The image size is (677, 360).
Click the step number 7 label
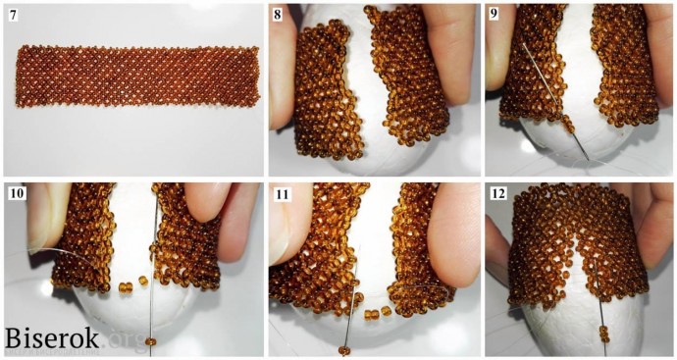pyautogui.click(x=14, y=16)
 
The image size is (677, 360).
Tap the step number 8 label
pyautogui.click(x=277, y=15)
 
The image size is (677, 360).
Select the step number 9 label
pyautogui.click(x=494, y=14)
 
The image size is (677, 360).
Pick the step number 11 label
pyautogui.click(x=282, y=194)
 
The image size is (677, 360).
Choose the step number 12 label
pyautogui.click(x=497, y=193)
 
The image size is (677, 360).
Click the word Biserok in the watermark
pyautogui.click(x=52, y=338)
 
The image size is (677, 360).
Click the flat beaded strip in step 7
pyautogui.click(x=137, y=77)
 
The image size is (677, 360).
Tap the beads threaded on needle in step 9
pyautogui.click(x=567, y=123)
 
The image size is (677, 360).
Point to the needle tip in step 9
pyautogui.click(x=588, y=160)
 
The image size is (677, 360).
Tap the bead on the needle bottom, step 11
pyautogui.click(x=344, y=350)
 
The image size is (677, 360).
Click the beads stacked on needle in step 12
pyautogui.click(x=604, y=334)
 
